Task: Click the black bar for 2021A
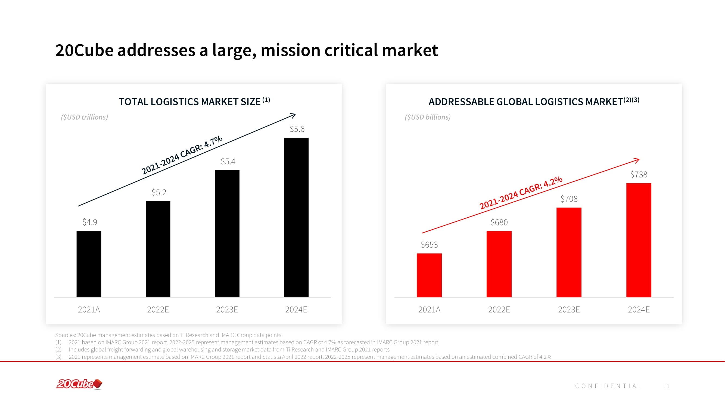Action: [x=89, y=264]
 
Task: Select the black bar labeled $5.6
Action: [x=296, y=217]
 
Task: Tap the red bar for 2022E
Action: [x=499, y=264]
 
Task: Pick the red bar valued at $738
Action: [x=639, y=240]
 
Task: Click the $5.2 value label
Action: [x=159, y=193]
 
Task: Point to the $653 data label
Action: [x=429, y=245]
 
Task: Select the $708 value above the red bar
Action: [x=569, y=199]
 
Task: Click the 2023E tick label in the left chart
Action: [x=227, y=310]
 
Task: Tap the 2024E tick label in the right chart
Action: [x=639, y=310]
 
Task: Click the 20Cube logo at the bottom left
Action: [x=79, y=384]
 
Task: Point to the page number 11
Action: [x=666, y=386]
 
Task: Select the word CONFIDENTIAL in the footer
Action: [x=608, y=386]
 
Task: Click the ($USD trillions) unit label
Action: [x=85, y=117]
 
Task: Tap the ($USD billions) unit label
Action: [x=428, y=117]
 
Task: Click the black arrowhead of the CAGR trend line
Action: [x=294, y=115]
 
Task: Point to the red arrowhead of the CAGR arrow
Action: [x=637, y=160]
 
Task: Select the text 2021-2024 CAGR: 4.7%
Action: [x=182, y=155]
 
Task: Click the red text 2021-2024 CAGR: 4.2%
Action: [x=521, y=193]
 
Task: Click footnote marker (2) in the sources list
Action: [x=58, y=350]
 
